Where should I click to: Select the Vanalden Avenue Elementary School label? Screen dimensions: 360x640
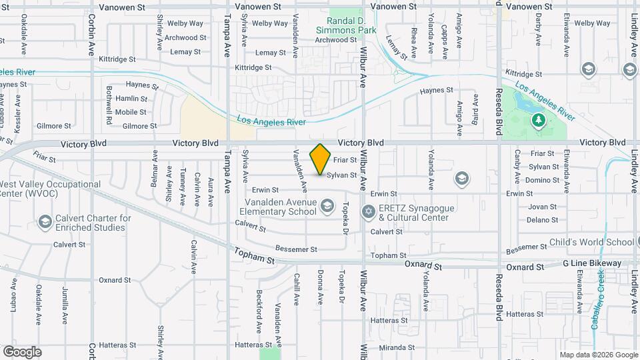click(x=276, y=207)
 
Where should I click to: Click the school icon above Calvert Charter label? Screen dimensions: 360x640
click(x=45, y=221)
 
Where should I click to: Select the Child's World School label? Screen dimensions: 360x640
click(x=591, y=242)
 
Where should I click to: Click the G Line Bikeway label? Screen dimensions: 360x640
click(x=592, y=263)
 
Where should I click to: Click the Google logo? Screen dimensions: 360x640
click(x=22, y=352)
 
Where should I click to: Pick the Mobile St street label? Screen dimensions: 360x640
click(x=131, y=112)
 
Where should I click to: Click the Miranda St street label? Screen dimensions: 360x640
click(x=397, y=348)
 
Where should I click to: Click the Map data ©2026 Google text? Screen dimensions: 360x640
click(x=598, y=355)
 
